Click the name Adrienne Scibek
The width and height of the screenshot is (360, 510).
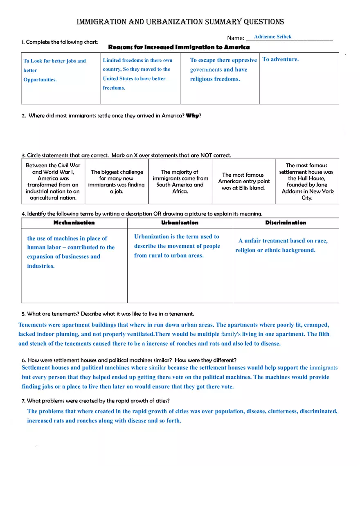[x=272, y=37]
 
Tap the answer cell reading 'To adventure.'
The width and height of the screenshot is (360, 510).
[x=281, y=59]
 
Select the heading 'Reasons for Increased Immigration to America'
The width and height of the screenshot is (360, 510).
[x=179, y=47]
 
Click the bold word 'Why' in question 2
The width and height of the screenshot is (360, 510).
[x=192, y=116]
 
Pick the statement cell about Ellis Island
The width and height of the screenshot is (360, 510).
[x=244, y=181]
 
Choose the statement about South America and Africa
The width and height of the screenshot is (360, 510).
[x=180, y=181]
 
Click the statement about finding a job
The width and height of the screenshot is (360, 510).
[x=117, y=181]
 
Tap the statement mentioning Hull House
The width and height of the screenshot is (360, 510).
[x=307, y=181]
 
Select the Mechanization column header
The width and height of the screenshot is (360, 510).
[x=74, y=223]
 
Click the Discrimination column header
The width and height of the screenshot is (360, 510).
[x=286, y=223]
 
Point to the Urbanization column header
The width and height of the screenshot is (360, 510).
[x=180, y=223]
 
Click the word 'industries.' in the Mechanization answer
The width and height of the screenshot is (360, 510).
[x=41, y=266]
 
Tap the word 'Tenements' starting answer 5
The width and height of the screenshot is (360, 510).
[x=32, y=325]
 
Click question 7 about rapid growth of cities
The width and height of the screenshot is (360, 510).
[x=96, y=401]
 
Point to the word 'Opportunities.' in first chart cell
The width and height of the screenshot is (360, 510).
[x=40, y=80]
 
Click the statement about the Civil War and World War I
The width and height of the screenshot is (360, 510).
[x=53, y=181]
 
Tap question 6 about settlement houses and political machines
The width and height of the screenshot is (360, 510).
[x=129, y=360]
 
